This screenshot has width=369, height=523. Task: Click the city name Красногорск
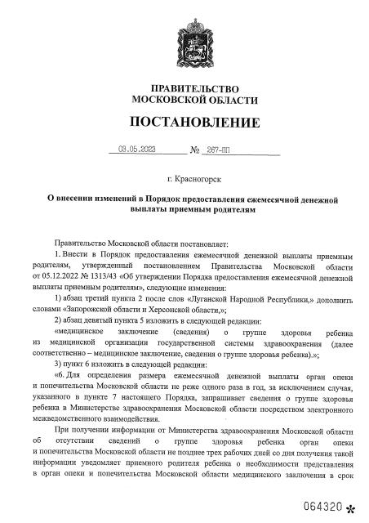198,177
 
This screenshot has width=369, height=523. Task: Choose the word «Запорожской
104,311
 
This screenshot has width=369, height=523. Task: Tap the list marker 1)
56,300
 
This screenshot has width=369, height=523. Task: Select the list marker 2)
56,322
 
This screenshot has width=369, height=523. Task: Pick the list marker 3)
56,367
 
